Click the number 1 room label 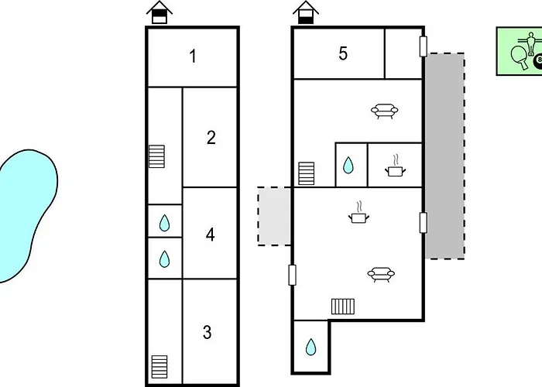point(194,57)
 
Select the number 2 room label point(211,138)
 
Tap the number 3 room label point(207,332)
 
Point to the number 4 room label point(210,235)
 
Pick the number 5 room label point(343,53)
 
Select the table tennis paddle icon point(520,57)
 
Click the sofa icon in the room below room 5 point(384,111)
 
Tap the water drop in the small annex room point(311,347)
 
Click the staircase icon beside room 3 point(160,367)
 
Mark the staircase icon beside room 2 point(156,156)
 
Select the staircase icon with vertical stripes point(343,307)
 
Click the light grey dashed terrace point(274,216)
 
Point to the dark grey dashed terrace point(444,156)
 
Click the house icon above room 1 point(160,12)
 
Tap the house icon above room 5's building point(306,12)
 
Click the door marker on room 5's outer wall point(423,46)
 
